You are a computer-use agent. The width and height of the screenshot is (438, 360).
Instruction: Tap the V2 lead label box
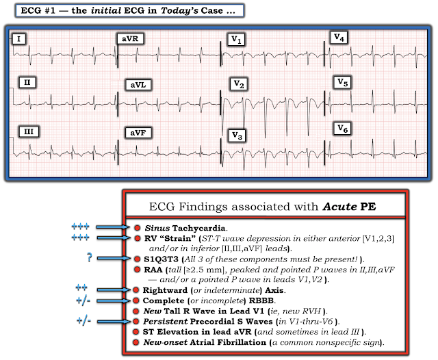pos(239,84)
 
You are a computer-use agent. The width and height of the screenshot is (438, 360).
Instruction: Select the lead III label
pos(28,130)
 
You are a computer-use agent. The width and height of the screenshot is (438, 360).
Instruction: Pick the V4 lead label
pos(339,37)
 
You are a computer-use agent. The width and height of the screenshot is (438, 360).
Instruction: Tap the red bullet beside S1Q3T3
pos(137,259)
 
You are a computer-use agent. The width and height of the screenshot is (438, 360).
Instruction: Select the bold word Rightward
pos(168,290)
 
